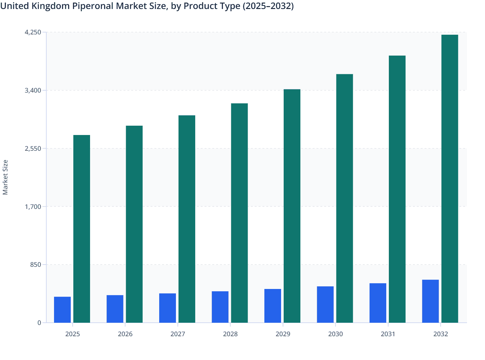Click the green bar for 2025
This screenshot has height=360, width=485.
click(x=82, y=229)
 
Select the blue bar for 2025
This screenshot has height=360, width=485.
click(x=62, y=310)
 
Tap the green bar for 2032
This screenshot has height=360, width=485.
click(x=450, y=179)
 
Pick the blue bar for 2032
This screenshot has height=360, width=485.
click(x=430, y=301)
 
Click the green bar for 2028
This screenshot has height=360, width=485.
click(x=239, y=213)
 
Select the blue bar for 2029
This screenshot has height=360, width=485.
click(x=273, y=306)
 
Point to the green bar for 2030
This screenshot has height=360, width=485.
click(x=344, y=198)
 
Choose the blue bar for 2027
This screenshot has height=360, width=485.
click(x=168, y=308)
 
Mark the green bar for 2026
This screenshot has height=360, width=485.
click(x=134, y=224)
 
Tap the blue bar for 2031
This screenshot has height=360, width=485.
click(x=378, y=303)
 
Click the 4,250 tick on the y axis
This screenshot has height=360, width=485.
click(x=33, y=32)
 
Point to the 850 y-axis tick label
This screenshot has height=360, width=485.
click(x=36, y=265)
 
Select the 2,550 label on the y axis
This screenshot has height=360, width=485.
click(x=33, y=148)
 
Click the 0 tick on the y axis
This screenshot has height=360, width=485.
click(x=39, y=323)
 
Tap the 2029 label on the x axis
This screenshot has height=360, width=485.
click(x=283, y=334)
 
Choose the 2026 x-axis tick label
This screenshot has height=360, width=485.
click(x=125, y=334)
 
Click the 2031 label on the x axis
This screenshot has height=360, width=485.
click(x=388, y=334)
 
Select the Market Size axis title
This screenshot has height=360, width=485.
click(x=5, y=177)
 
